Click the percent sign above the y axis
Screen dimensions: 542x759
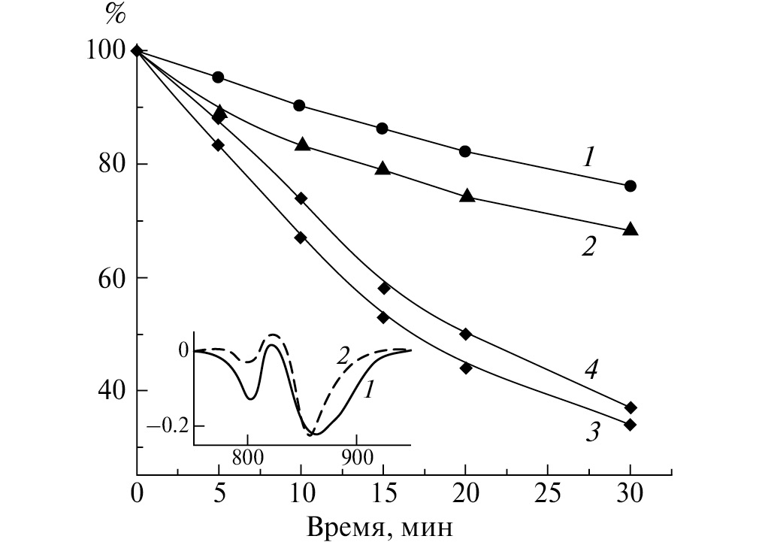(115, 14)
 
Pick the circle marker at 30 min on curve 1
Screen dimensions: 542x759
(630, 186)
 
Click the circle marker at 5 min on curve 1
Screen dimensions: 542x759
(218, 77)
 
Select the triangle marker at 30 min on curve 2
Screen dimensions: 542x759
(630, 229)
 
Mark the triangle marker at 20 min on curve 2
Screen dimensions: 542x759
(467, 195)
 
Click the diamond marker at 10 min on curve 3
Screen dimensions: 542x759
(301, 238)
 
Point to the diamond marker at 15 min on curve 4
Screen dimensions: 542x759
(383, 288)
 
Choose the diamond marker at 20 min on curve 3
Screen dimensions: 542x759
(466, 368)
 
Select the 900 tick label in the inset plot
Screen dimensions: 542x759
(356, 457)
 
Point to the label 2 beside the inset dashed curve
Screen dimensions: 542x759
(342, 357)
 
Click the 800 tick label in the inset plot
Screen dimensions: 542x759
(246, 457)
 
